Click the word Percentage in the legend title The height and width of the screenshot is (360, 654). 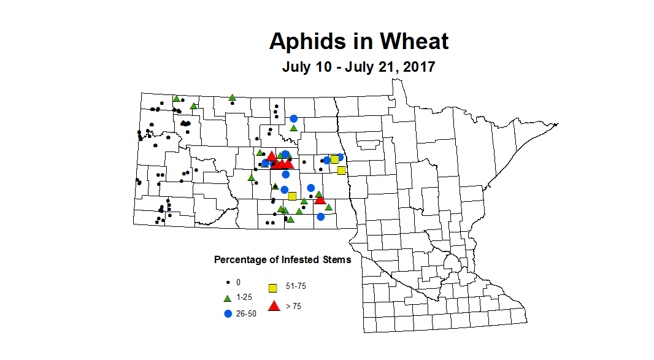(240, 259)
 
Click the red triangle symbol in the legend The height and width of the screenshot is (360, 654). (274, 306)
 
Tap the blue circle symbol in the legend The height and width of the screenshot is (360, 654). (228, 313)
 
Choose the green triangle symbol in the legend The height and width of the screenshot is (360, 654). (228, 298)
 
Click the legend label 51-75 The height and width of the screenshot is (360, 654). (296, 286)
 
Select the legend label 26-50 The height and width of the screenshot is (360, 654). (247, 313)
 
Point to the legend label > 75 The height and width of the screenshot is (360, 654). (293, 307)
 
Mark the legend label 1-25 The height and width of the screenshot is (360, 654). (244, 297)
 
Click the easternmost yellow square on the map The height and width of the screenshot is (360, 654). (341, 170)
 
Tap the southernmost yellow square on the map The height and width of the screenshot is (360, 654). (293, 196)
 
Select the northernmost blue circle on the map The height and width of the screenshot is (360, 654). (294, 118)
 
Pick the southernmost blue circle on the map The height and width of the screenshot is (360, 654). (320, 216)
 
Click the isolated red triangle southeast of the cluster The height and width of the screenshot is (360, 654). (320, 199)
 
